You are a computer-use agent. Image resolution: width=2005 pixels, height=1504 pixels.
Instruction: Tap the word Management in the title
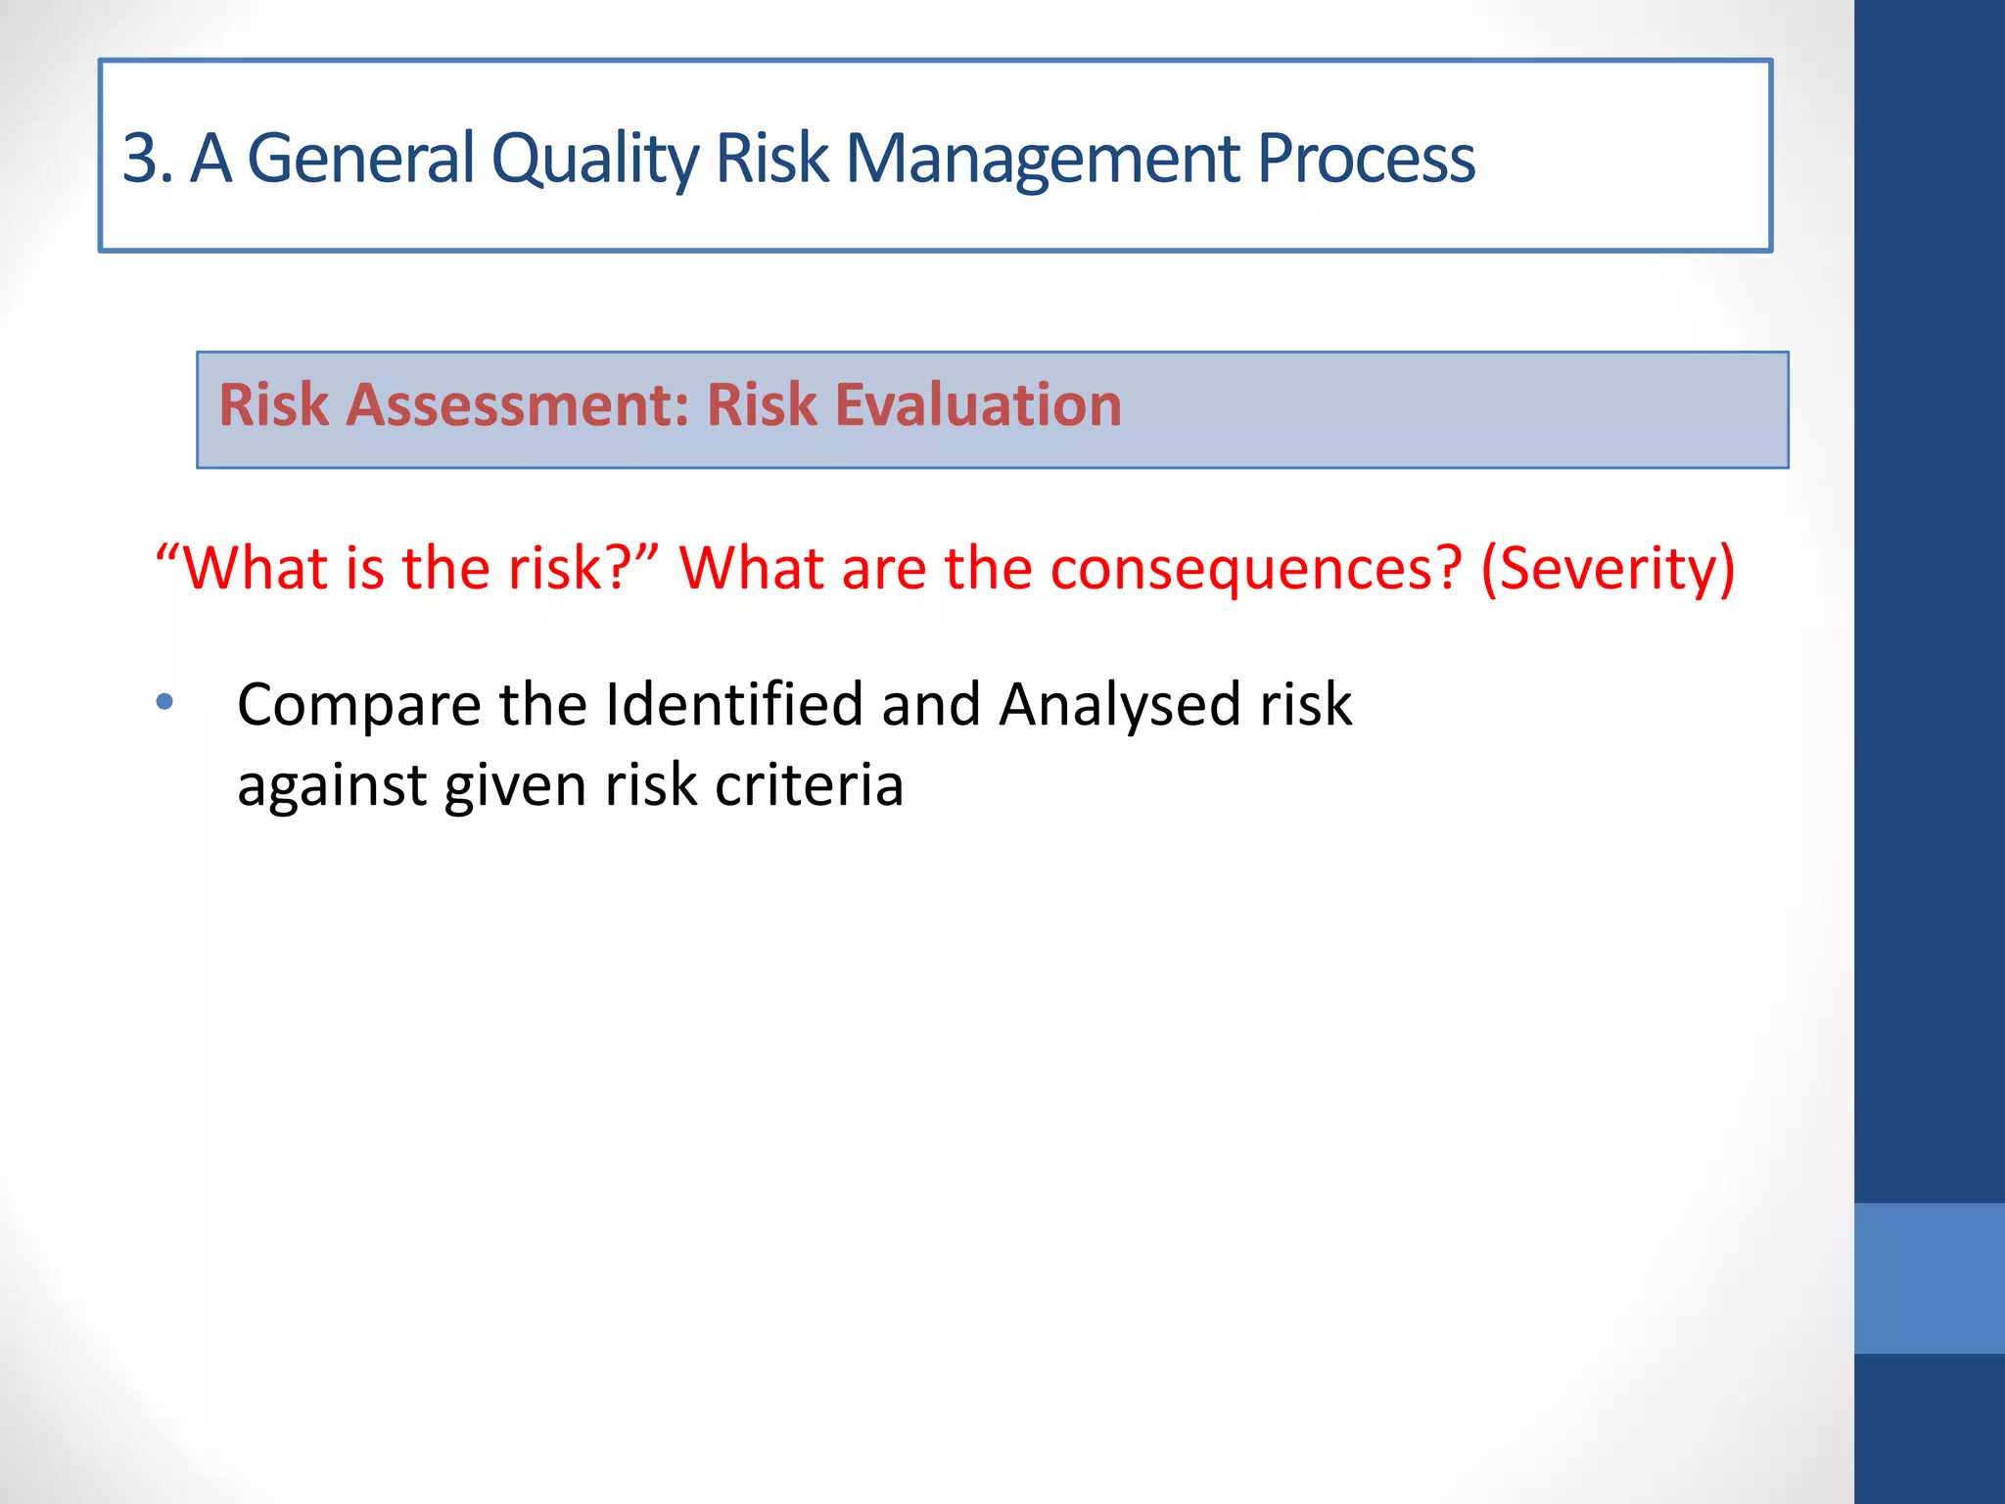[x=1042, y=160]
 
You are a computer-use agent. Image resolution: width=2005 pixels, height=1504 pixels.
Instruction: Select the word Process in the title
[x=1366, y=158]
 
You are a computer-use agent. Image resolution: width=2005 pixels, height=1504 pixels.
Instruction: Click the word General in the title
[x=360, y=158]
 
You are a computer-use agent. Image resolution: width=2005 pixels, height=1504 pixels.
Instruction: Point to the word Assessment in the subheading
[x=518, y=405]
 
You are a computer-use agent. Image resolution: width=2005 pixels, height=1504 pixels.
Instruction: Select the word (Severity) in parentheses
[x=1608, y=569]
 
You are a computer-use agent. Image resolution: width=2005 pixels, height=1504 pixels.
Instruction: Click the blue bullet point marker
[x=164, y=702]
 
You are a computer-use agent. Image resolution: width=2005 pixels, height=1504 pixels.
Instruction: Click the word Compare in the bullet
[x=359, y=706]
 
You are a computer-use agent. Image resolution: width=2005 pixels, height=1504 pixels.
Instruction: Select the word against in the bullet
[x=332, y=787]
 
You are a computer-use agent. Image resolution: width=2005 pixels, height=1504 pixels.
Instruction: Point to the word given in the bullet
[x=515, y=787]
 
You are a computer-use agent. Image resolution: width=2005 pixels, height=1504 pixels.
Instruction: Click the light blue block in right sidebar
[x=1929, y=1278]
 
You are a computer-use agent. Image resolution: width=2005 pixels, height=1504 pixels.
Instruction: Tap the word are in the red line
[x=883, y=569]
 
